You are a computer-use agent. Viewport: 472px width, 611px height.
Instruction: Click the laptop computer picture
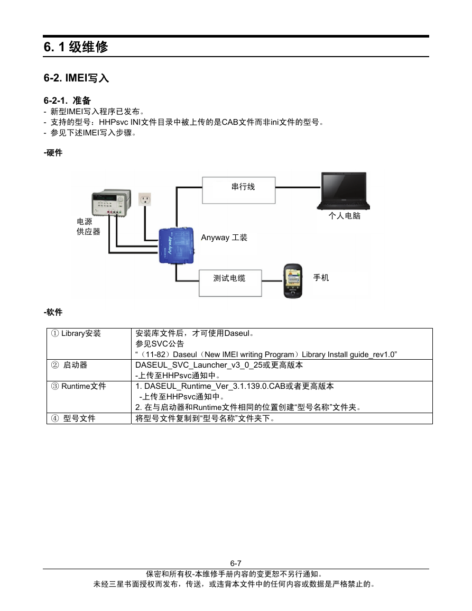coord(344,191)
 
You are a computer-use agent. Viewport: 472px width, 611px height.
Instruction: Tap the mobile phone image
coord(293,280)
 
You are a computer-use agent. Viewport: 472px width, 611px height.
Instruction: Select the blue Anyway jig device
coord(176,245)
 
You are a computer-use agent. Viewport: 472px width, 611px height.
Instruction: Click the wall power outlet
coord(145,199)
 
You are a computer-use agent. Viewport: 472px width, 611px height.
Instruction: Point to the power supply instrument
coord(111,204)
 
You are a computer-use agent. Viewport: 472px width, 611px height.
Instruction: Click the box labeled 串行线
coord(239,190)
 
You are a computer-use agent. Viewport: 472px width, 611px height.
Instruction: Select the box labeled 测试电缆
coord(230,283)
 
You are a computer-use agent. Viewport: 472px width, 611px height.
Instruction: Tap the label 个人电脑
coord(344,216)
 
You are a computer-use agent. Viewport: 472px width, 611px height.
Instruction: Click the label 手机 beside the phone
coord(321,277)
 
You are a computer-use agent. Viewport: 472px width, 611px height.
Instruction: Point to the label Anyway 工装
coord(224,238)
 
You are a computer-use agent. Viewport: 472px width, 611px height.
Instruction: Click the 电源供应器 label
coord(88,226)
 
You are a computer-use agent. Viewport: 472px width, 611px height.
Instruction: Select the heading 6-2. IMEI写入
coord(76,78)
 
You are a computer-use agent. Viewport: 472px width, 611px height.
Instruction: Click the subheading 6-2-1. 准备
coord(67,101)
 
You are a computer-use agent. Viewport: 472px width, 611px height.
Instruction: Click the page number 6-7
coord(236,563)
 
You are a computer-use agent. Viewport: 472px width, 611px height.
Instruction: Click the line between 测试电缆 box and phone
coord(272,280)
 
